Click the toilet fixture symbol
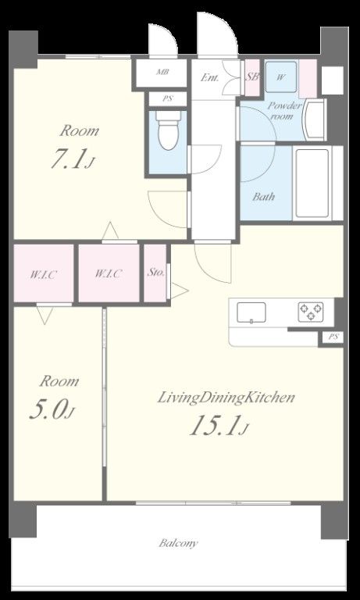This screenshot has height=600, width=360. point(168,130)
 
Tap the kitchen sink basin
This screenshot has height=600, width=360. point(251,312)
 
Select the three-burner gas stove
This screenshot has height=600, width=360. point(311,312)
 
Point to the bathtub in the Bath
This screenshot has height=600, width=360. point(312,183)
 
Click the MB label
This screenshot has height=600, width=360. point(162,72)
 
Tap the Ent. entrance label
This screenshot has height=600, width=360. point(210,77)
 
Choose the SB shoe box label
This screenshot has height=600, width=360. point(251,77)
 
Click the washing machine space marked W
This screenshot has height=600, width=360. point(281,77)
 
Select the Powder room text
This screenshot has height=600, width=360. point(284,111)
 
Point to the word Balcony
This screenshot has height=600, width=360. point(178,543)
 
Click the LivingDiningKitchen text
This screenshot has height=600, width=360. point(226,398)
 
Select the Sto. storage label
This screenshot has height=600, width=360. point(156,273)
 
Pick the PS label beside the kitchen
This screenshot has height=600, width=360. point(333,337)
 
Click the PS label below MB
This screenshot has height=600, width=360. point(168,98)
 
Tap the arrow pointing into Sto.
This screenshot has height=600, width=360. point(179,291)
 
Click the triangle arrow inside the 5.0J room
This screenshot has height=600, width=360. point(45,316)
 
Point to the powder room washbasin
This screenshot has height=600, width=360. point(315,120)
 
